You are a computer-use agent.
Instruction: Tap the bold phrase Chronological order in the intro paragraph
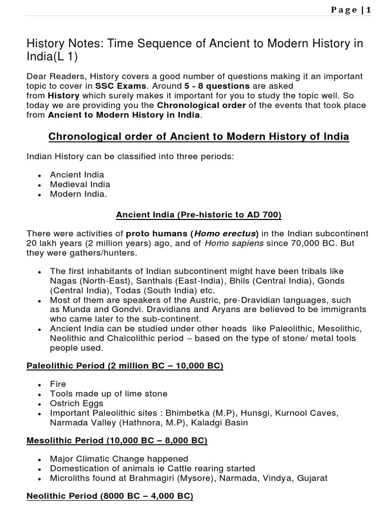(201, 105)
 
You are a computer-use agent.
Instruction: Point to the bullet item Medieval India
(80, 184)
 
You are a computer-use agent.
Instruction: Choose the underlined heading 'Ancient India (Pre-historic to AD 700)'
(199, 215)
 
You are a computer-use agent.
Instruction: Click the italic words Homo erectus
(225, 234)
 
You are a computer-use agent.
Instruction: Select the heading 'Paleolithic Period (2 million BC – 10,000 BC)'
(125, 365)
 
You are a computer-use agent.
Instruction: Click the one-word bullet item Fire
(58, 384)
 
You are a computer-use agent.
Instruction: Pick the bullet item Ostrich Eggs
(76, 403)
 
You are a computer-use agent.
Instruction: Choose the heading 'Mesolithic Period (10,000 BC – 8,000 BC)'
(117, 440)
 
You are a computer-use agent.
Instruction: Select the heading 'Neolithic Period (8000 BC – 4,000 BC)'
(110, 497)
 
